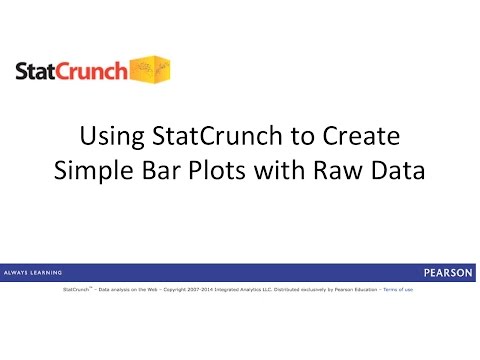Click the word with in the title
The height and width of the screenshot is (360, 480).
277,170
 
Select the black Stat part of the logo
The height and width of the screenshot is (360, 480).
39,72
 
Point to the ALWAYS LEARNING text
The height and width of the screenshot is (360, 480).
34,272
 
